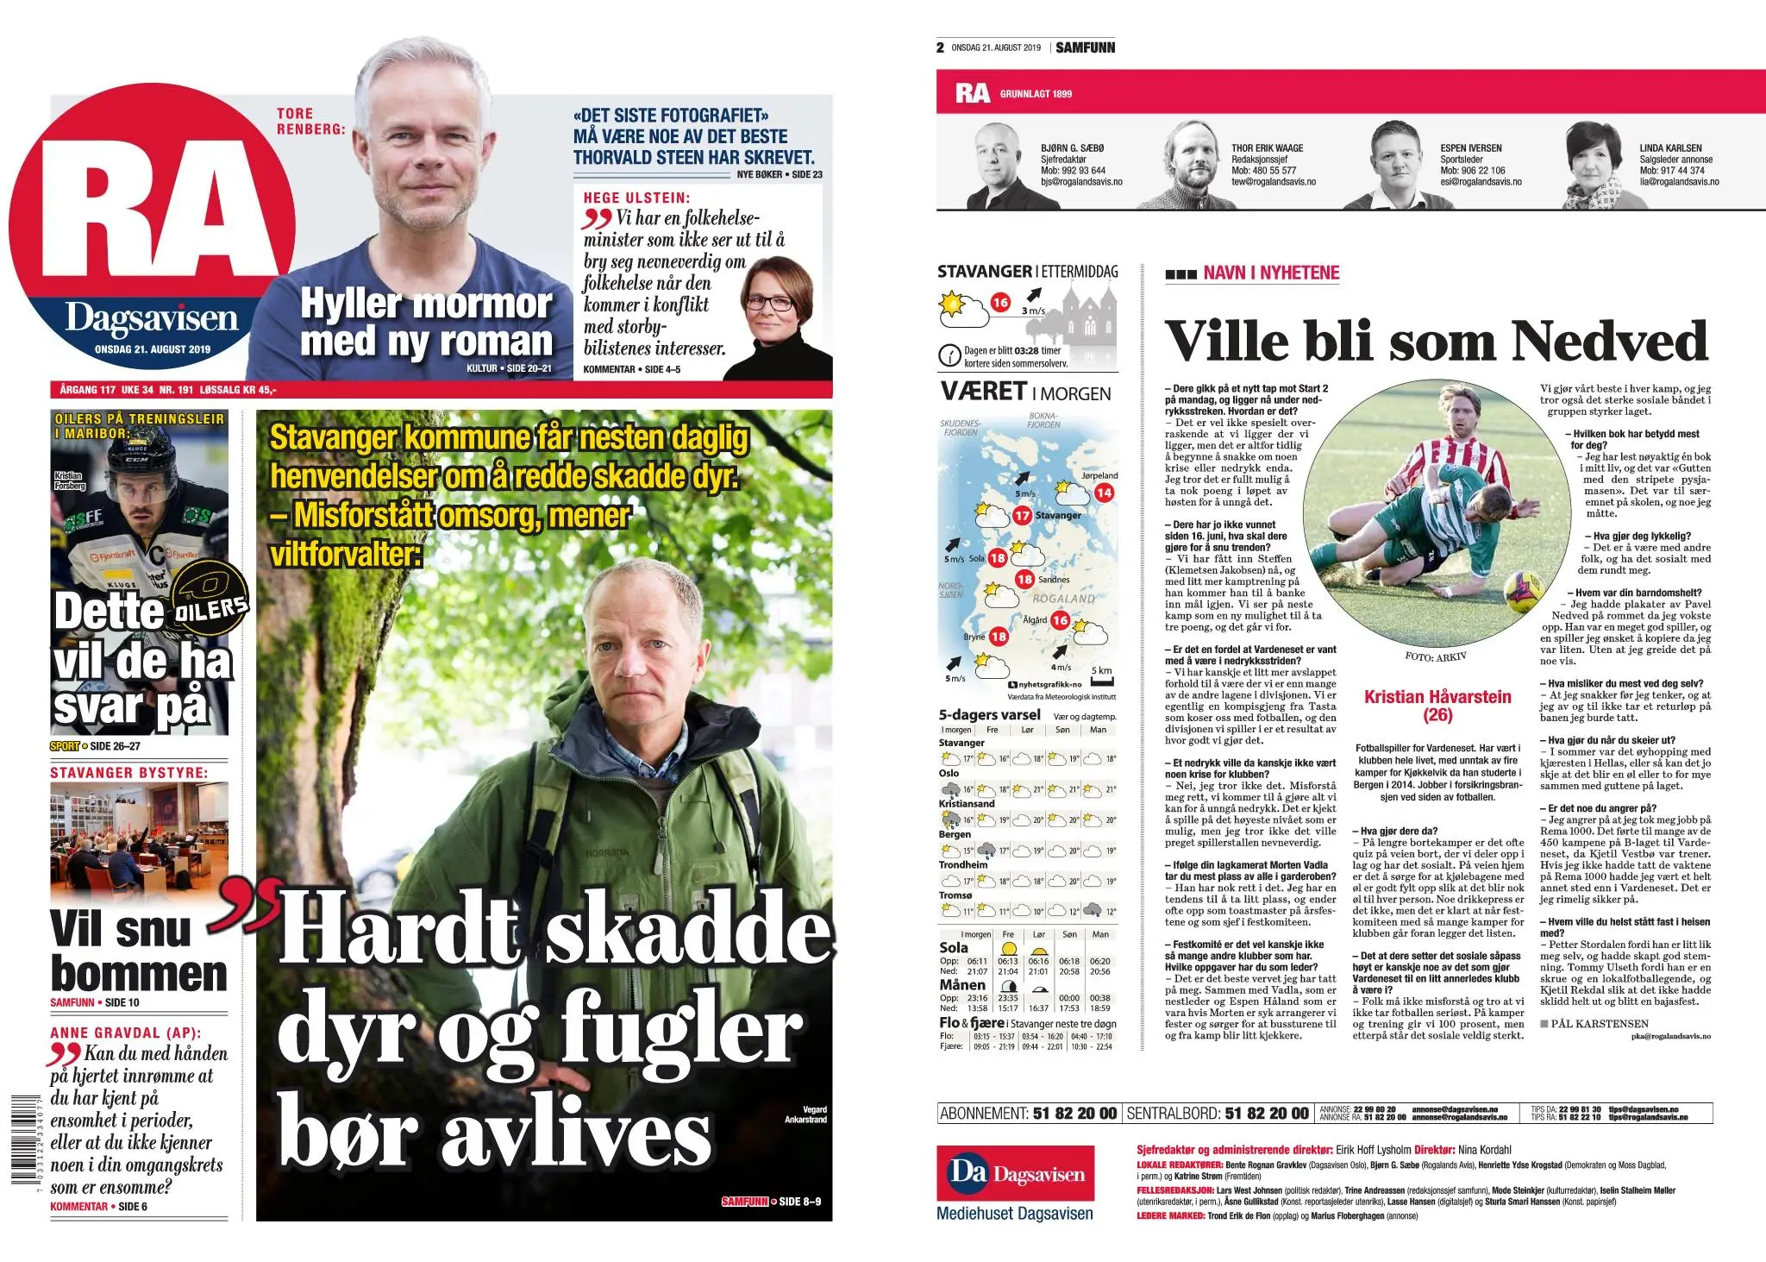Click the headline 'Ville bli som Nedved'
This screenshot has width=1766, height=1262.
coord(1437,342)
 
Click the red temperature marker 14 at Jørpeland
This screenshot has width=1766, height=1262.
coord(1104,493)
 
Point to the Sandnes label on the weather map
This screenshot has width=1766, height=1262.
coord(1054,580)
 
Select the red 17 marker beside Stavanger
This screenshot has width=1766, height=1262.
coord(1023,515)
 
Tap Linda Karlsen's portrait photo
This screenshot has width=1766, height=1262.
coord(1598,166)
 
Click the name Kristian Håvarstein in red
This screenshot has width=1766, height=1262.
coord(1437,697)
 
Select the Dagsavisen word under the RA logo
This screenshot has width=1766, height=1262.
coord(152,318)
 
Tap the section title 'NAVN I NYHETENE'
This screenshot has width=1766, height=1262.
coord(1271,273)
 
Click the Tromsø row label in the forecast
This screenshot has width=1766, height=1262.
coord(955,895)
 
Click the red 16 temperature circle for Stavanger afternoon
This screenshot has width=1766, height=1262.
coord(1000,302)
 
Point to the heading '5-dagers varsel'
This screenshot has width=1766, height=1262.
coord(989,715)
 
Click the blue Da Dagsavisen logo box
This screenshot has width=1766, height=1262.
coord(1015,1173)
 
